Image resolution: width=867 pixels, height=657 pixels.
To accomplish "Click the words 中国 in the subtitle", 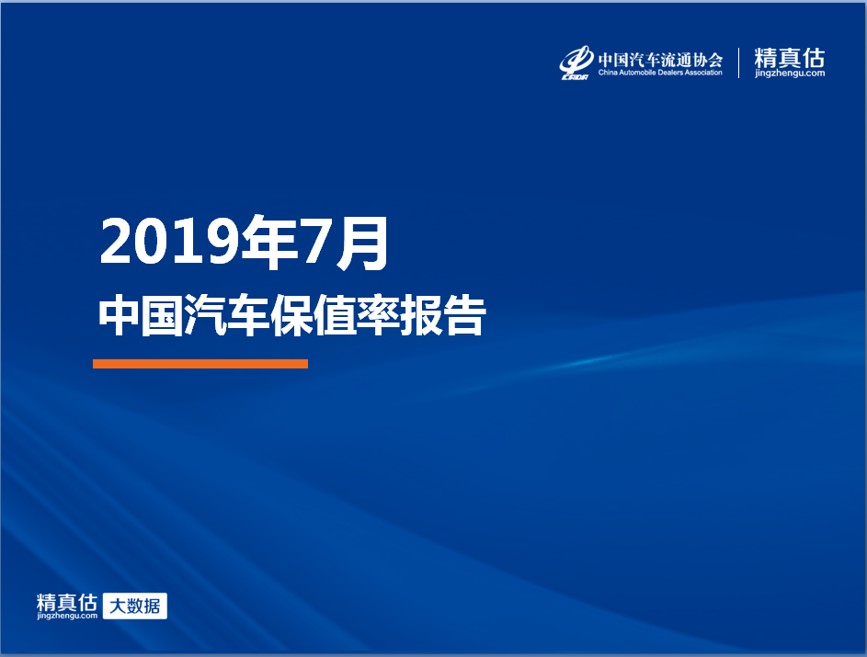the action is click(141, 315).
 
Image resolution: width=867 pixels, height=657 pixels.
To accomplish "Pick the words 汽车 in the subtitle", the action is click(227, 315).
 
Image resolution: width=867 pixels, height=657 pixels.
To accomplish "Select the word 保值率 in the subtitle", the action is click(335, 315).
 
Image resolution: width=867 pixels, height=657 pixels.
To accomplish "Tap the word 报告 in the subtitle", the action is click(443, 315).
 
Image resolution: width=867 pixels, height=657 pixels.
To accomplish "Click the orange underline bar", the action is click(200, 364).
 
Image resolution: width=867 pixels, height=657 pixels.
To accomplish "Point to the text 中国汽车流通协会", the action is click(660, 59).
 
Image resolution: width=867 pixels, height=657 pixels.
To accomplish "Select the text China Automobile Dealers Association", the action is click(660, 73).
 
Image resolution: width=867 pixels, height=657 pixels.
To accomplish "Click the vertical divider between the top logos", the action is click(738, 62).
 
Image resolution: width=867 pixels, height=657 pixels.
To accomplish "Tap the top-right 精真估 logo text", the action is click(790, 58).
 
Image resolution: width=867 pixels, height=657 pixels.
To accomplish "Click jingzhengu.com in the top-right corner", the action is click(790, 73).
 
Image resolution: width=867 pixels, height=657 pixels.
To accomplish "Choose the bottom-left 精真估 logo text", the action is click(67, 602).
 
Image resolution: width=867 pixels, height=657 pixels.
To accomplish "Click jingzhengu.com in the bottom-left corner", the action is click(67, 616).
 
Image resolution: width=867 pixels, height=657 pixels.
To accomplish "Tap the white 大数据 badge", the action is click(135, 606).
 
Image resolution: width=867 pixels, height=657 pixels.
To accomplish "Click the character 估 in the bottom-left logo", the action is click(87, 602).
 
